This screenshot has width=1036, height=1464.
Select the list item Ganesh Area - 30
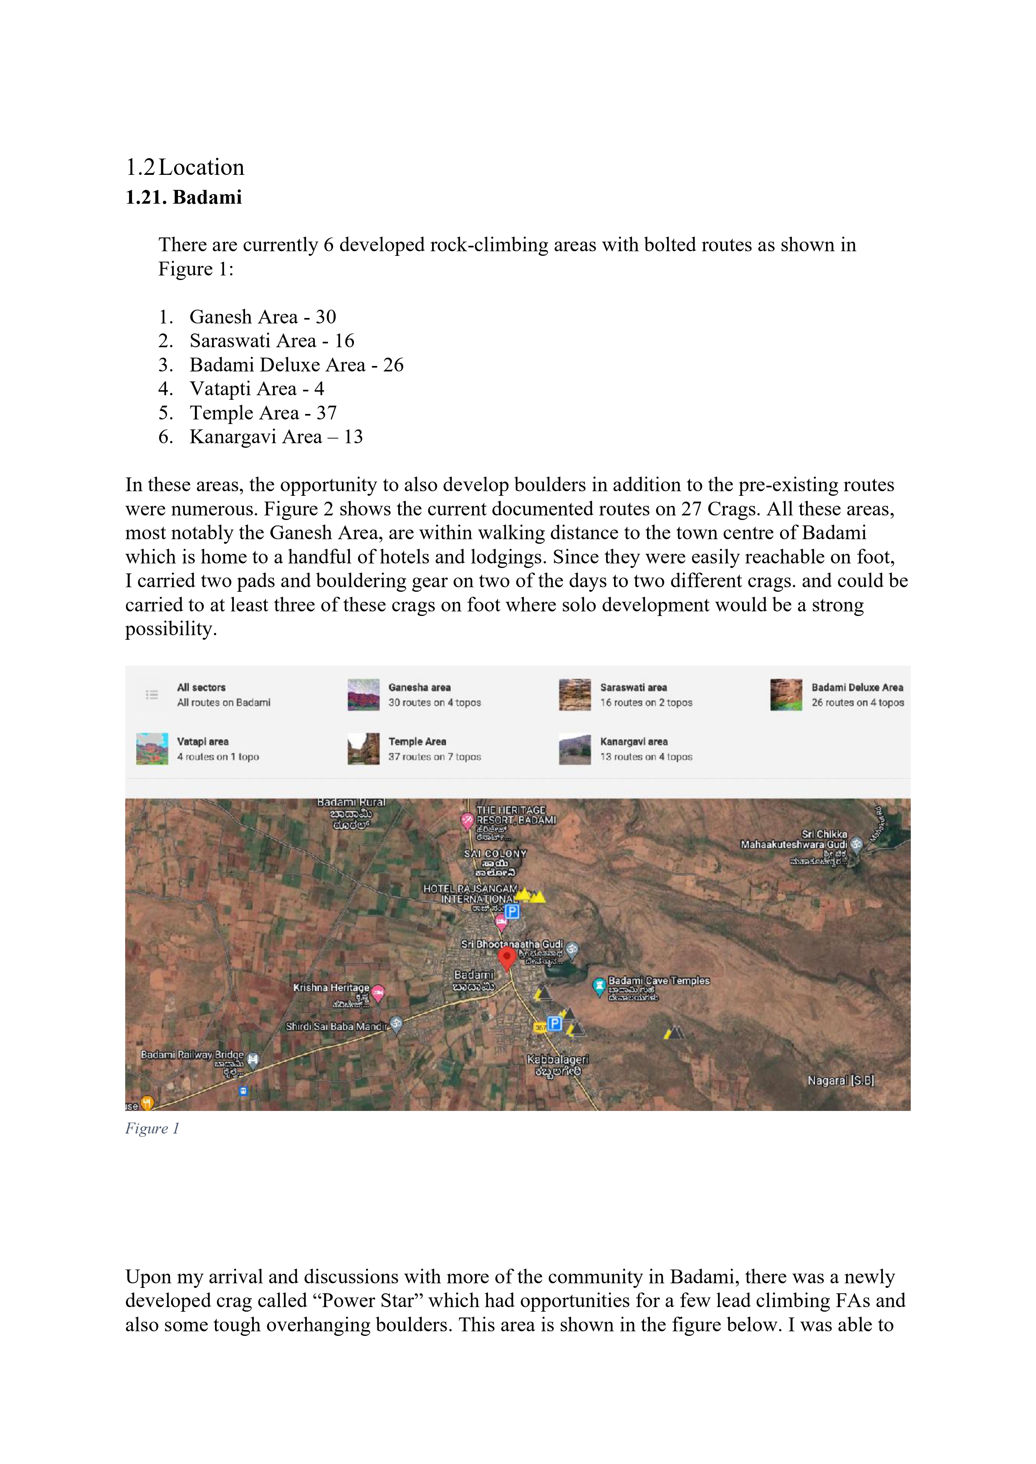262,317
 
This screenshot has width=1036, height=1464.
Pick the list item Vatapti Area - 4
256,389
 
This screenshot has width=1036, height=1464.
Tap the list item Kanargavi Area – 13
275,437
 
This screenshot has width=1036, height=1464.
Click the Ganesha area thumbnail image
364,695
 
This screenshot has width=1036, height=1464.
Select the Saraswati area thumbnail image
575,695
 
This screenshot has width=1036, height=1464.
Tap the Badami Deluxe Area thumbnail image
786,695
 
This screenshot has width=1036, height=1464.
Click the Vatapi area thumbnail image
152,749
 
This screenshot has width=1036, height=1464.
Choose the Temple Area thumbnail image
364,749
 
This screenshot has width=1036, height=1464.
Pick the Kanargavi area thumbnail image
575,749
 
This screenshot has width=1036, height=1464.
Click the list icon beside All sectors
152,694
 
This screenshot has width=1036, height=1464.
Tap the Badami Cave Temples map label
658,981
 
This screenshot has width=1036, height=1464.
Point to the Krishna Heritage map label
331,988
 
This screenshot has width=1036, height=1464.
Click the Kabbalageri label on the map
558,1059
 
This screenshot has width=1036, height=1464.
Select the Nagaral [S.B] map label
840,1081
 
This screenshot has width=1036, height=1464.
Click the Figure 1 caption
152,1128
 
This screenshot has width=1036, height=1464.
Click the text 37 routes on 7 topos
435,757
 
